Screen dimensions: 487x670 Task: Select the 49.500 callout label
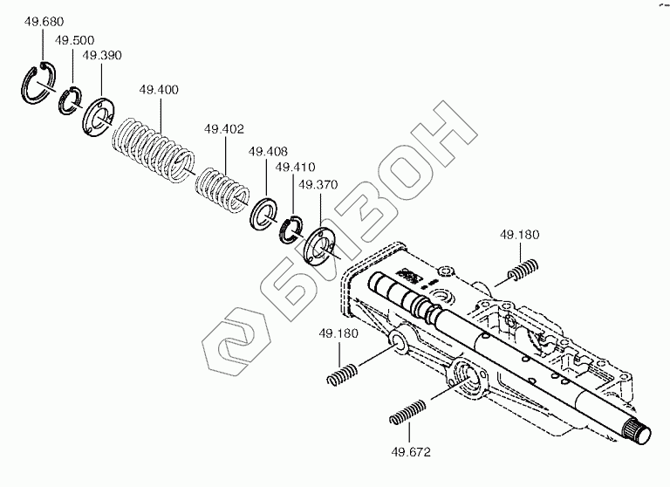pos(75,40)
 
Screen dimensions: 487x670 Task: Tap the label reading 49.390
pos(102,55)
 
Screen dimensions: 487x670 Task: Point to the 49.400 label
pos(159,90)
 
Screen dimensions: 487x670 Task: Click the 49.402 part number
pos(223,129)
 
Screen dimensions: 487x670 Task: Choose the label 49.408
pos(268,151)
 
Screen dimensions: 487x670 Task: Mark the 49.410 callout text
pos(294,166)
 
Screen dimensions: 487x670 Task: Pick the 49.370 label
pos(318,184)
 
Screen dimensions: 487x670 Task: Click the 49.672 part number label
pos(410,453)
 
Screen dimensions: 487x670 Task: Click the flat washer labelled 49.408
pos(263,213)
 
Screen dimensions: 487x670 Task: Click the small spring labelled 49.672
pos(407,412)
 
